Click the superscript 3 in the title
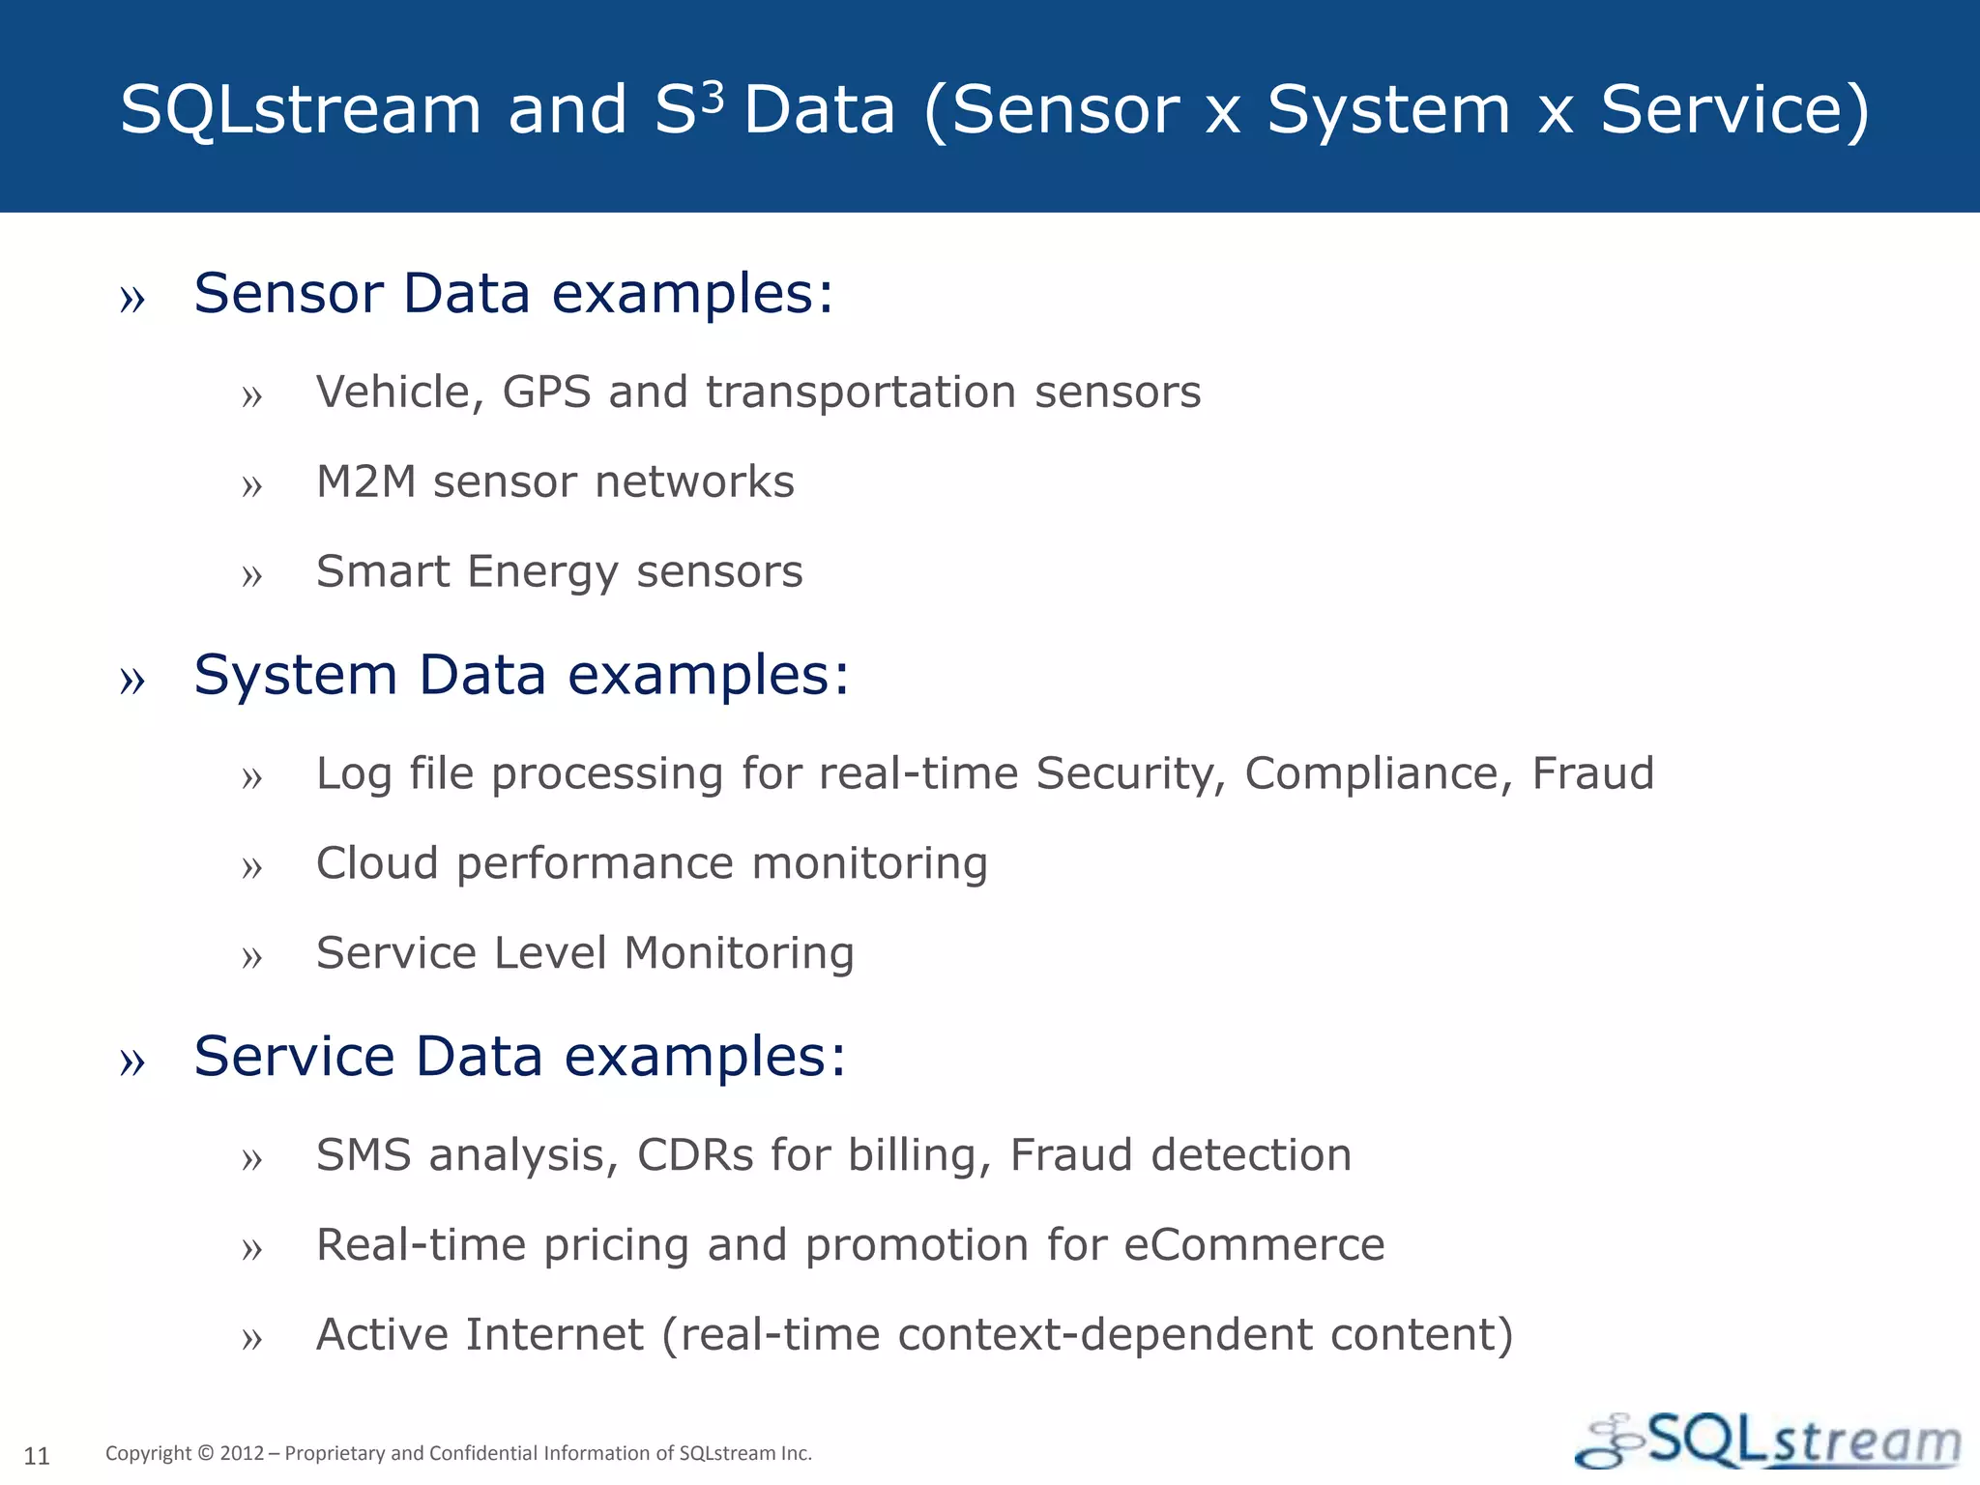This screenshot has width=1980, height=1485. point(712,98)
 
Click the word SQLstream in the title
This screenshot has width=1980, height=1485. point(301,109)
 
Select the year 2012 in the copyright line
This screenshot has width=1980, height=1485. point(242,1453)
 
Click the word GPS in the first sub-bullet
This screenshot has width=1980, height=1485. point(546,393)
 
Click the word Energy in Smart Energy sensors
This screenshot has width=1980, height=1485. point(542,572)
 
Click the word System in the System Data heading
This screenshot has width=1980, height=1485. point(296,675)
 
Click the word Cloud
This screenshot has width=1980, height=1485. point(377,863)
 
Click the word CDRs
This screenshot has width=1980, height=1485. point(695,1155)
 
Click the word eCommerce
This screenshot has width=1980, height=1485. point(1253,1245)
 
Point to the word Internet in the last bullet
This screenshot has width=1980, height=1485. point(554,1335)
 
